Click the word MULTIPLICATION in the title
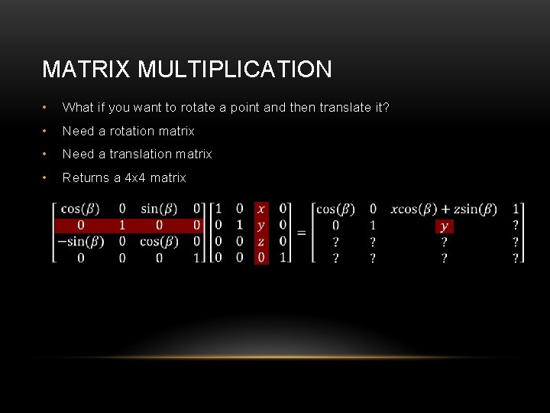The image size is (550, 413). (x=235, y=70)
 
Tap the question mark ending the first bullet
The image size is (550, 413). (x=387, y=107)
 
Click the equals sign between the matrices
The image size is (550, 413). (x=301, y=232)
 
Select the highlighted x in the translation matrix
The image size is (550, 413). (x=261, y=209)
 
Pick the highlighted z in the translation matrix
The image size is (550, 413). (x=261, y=242)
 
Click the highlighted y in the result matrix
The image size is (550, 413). (x=445, y=226)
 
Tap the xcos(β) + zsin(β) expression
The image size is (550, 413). (x=444, y=209)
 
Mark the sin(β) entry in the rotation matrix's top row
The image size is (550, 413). (x=160, y=209)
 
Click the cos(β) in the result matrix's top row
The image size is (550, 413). (x=335, y=209)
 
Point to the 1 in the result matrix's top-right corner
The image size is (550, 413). (x=516, y=209)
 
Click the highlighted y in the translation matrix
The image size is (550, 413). (x=261, y=226)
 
